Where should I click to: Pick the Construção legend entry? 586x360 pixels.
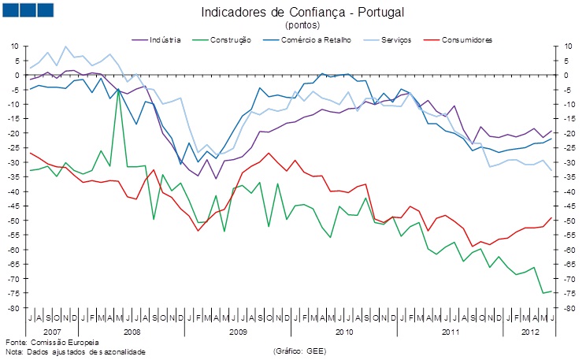(x=228, y=39)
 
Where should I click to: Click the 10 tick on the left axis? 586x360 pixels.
(x=13, y=46)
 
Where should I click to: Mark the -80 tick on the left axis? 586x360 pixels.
(x=13, y=308)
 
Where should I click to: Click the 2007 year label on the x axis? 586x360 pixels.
(x=41, y=332)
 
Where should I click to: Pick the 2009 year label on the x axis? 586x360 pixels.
(x=238, y=332)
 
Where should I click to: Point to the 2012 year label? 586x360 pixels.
(x=532, y=332)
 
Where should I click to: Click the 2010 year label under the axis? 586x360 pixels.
(x=344, y=332)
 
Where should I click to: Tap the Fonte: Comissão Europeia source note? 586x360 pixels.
(x=52, y=343)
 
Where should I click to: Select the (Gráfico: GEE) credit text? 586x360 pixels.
(x=299, y=351)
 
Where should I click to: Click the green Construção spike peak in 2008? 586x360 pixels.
(x=118, y=90)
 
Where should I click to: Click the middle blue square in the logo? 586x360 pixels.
(x=28, y=9)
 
